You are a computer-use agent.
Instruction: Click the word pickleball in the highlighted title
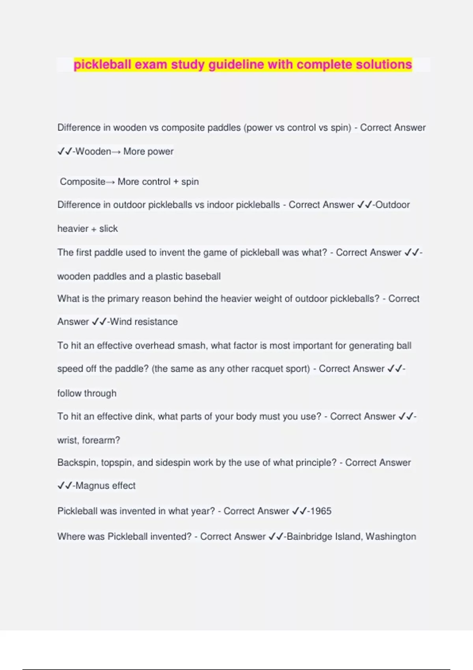(102, 64)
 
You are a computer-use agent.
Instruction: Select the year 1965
(321, 511)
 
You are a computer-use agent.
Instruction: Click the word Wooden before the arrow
(93, 151)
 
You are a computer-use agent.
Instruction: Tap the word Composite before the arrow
(82, 182)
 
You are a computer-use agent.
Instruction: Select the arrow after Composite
(110, 182)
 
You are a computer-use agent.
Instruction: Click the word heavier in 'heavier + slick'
(73, 229)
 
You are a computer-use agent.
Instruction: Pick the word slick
(108, 229)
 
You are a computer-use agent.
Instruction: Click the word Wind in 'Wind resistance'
(121, 322)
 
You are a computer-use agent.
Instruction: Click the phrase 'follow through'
(87, 393)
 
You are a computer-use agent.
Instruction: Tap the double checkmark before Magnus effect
(65, 486)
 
